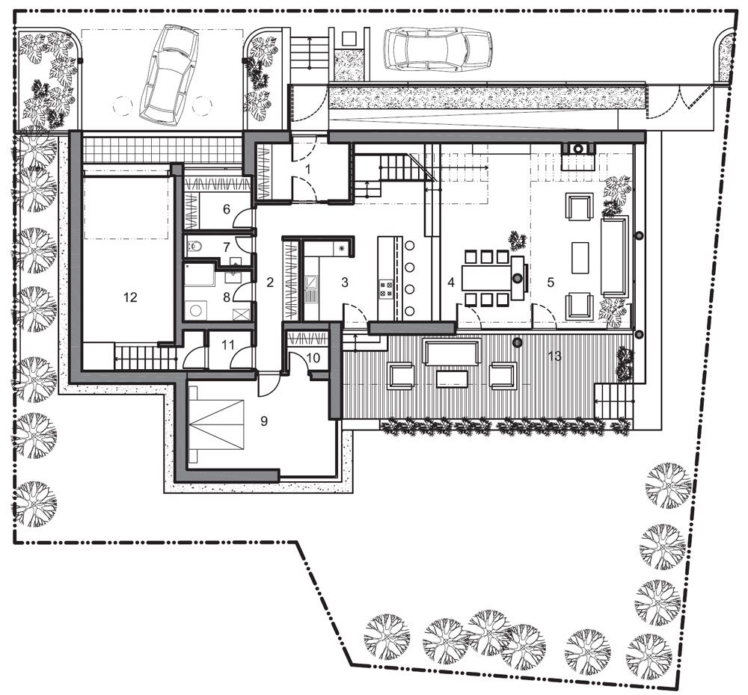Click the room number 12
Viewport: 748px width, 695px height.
(129, 297)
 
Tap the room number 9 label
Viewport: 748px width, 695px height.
(264, 421)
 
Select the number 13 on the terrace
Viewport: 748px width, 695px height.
(555, 356)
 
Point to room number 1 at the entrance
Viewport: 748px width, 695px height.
(307, 169)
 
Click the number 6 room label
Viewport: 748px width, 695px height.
(226, 208)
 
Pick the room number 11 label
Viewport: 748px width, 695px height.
(227, 345)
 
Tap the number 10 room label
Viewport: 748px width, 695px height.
(313, 357)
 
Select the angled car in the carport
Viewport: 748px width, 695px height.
(168, 74)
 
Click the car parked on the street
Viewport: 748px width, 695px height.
(438, 49)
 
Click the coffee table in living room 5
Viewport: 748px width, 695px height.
(580, 257)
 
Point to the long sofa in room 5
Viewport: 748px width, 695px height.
(613, 256)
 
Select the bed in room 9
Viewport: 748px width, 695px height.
(217, 424)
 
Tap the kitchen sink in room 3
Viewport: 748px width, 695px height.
(310, 284)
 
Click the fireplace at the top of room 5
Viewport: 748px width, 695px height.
(577, 148)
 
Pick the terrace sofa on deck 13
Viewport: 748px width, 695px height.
(453, 353)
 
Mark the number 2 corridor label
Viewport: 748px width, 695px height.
(270, 282)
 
